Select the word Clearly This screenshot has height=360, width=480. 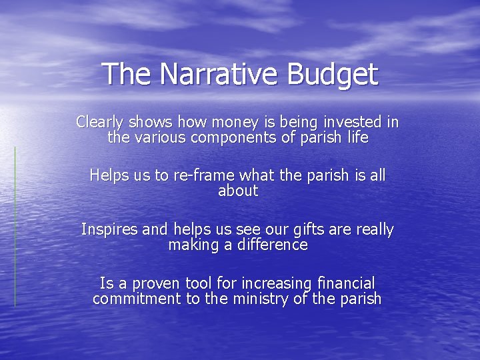99,123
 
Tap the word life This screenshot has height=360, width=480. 356,138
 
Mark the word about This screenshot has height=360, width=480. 238,191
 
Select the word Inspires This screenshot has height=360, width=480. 110,230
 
